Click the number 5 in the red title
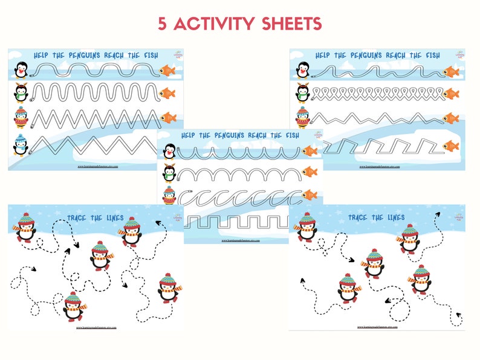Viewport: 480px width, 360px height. tap(162, 24)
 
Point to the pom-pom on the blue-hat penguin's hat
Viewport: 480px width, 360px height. tap(21, 137)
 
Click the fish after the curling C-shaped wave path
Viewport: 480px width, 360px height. tap(310, 195)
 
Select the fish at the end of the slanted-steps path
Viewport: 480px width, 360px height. tap(450, 146)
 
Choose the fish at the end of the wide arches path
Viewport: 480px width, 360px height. tap(310, 172)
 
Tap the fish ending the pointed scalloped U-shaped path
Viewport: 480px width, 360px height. tap(310, 151)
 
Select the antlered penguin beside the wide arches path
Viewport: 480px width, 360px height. tap(169, 173)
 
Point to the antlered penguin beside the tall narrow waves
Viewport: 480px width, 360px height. tap(21, 93)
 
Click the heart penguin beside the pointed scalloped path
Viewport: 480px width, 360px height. tap(169, 150)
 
